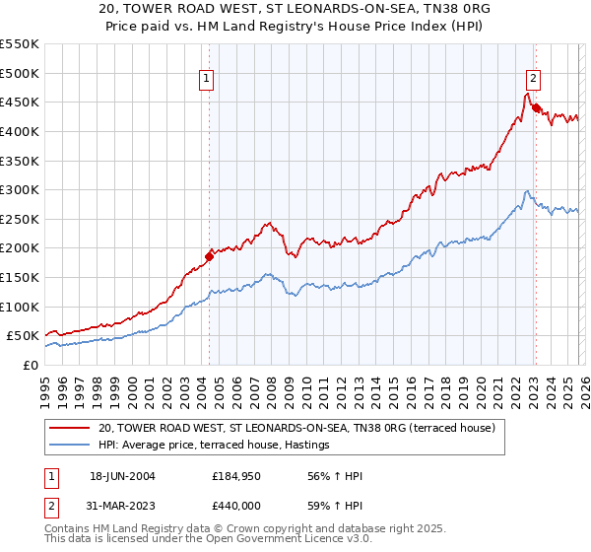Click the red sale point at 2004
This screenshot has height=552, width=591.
coord(209,256)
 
